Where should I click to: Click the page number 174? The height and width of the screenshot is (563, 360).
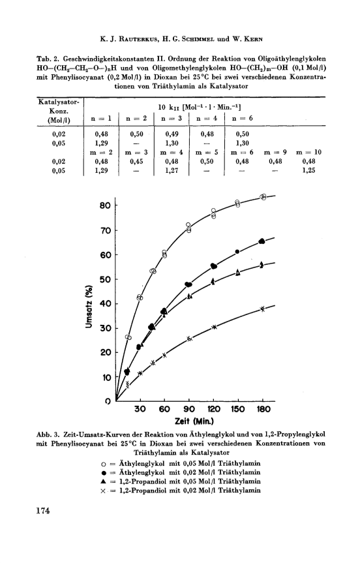(42, 510)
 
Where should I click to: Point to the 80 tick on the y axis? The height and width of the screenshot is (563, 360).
(106, 205)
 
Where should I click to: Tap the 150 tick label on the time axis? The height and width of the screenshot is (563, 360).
(237, 409)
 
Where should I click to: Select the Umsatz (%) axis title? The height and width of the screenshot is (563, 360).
(89, 306)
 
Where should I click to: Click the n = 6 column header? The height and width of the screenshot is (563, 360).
(242, 118)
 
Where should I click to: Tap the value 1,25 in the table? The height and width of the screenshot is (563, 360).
(308, 170)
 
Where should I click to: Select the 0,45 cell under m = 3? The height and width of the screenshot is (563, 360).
(136, 162)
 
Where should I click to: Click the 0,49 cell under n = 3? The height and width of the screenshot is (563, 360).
(172, 134)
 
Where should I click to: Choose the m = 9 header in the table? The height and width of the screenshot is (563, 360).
(275, 152)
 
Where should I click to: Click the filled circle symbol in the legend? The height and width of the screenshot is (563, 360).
(104, 472)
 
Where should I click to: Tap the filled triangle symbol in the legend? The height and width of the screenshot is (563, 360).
(104, 481)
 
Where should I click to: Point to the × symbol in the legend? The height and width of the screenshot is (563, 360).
(104, 491)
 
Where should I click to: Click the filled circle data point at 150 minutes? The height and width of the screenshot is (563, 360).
(237, 252)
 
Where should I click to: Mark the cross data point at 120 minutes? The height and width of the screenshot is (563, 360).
(214, 327)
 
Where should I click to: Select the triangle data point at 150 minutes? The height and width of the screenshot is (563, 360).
(237, 273)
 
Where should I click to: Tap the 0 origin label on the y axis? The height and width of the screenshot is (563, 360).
(108, 401)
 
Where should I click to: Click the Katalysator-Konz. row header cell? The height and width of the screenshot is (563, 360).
(59, 111)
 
